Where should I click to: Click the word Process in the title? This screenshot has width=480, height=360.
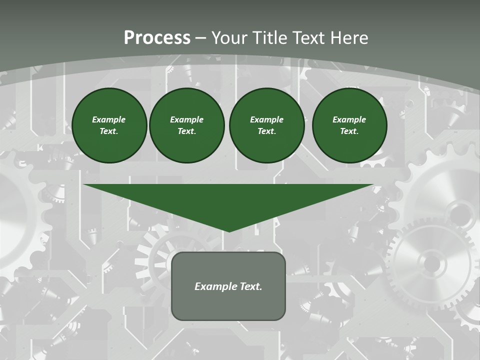pos(157,38)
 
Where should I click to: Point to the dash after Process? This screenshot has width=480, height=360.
pos(201,38)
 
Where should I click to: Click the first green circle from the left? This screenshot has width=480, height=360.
pos(109,125)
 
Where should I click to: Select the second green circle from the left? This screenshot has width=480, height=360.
pos(186,125)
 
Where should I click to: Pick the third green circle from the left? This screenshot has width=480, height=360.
pos(266,125)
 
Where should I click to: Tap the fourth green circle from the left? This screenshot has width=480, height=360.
pos(349,125)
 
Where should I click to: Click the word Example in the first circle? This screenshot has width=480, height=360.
pos(109,119)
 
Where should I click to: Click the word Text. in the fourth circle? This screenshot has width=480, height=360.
pos(349,131)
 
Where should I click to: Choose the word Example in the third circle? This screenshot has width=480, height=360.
pos(266,119)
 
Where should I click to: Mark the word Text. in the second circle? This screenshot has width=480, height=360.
pos(186,131)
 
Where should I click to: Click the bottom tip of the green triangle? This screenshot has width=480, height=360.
pos(229,230)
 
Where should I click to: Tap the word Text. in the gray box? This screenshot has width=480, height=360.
pos(251,286)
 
